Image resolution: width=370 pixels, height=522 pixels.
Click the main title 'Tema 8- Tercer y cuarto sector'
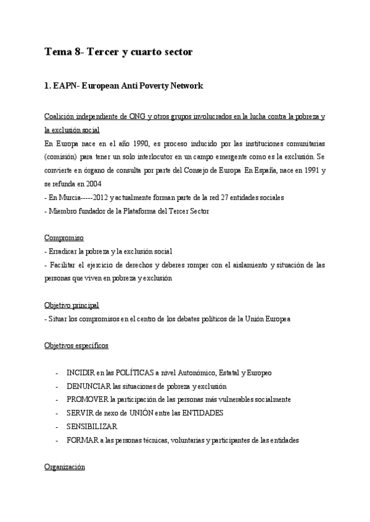tap(119, 52)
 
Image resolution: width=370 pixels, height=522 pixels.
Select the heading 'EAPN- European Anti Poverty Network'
tap(124, 86)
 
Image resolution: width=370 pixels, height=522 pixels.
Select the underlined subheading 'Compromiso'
tap(64, 238)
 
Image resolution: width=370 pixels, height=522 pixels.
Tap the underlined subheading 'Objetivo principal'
tap(72, 305)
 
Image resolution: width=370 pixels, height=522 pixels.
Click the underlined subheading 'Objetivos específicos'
tap(76, 346)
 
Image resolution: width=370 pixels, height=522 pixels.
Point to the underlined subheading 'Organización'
tap(64, 467)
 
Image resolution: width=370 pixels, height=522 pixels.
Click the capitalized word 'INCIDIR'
tap(81, 373)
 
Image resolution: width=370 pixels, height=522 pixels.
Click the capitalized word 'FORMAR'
tap(81, 440)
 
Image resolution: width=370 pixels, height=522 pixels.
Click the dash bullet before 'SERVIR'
tap(57, 413)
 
